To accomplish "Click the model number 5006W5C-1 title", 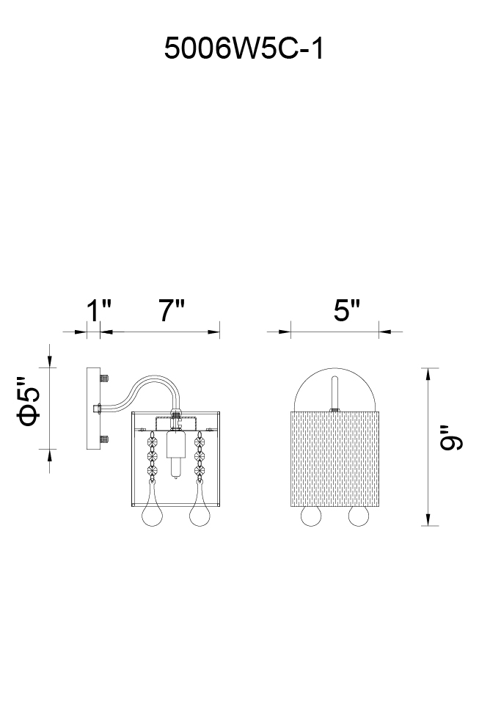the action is coord(244,48).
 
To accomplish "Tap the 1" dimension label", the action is coord(99,310).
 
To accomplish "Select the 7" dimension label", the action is coord(172,310).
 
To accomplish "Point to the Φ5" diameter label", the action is coord(29,401).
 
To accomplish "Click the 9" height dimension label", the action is coord(451,437).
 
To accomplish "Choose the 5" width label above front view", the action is coord(347,310).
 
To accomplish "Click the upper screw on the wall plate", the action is coord(104,378).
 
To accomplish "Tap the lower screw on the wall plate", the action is coord(104,439).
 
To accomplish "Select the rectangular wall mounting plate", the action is coord(93,409).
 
